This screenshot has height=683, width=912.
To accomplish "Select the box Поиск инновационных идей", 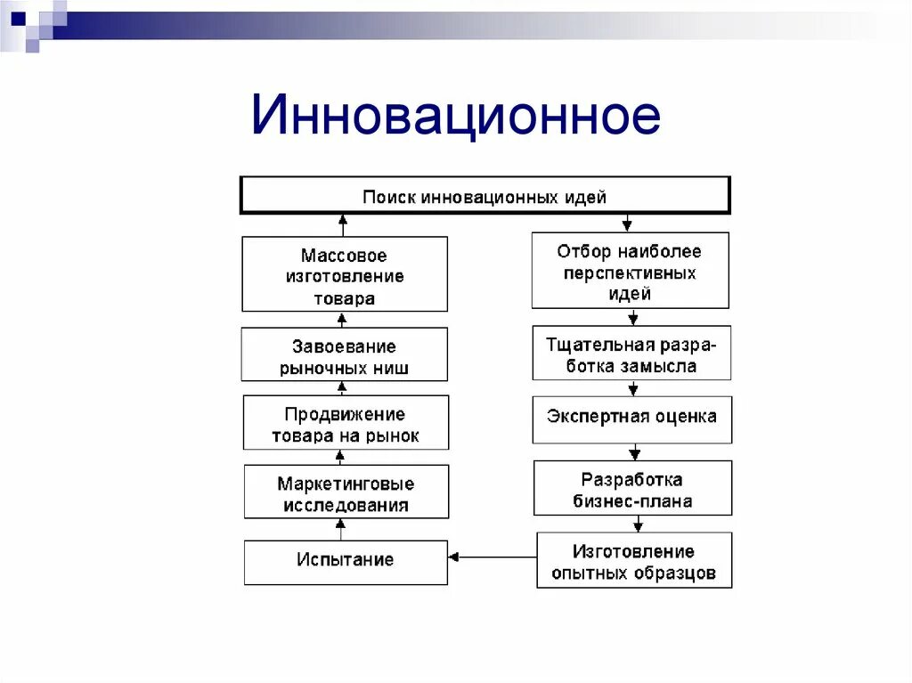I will (x=484, y=196).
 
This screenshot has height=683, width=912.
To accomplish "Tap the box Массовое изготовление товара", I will (x=344, y=274).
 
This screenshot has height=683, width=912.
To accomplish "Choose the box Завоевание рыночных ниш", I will (x=344, y=355).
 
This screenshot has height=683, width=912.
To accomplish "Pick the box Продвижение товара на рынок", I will (x=346, y=424).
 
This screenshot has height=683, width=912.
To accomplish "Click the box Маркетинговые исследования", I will (x=346, y=493).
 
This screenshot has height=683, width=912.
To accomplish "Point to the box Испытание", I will (x=346, y=561).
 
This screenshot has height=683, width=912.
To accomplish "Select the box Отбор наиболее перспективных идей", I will (x=630, y=272).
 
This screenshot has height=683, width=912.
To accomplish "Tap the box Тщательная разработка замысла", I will (x=631, y=354).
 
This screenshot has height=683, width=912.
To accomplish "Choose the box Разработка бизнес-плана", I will (x=632, y=489).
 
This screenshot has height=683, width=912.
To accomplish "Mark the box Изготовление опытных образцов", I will (x=633, y=562).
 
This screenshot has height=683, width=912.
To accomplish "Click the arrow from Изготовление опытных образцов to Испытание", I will (x=493, y=557).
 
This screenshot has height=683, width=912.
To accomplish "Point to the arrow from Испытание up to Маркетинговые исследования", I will (x=340, y=529).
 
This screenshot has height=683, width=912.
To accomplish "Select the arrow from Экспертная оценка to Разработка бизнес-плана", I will (x=633, y=451).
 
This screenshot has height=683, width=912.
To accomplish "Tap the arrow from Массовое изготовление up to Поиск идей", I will (x=341, y=224).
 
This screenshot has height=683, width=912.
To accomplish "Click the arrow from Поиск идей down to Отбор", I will (x=628, y=223).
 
